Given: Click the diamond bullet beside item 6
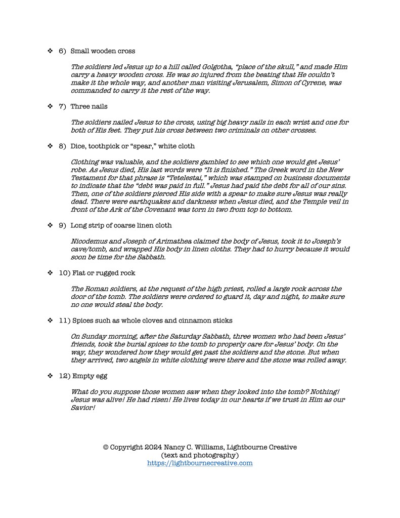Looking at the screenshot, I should [x=50, y=51].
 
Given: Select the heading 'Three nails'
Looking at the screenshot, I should [x=89, y=107].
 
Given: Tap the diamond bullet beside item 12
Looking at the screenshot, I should [x=50, y=376].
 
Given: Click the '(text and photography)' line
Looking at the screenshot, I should [x=200, y=455].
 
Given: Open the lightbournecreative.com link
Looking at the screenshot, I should [x=200, y=463].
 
